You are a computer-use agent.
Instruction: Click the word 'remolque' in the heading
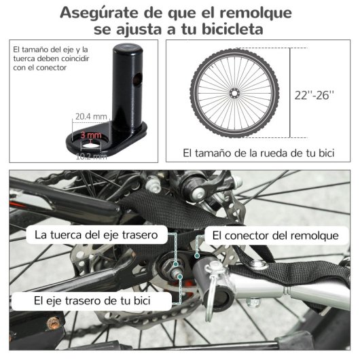(255, 13)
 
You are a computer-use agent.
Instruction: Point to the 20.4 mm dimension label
(91, 117)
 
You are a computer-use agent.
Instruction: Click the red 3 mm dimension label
(91, 135)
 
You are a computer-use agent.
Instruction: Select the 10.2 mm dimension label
(92, 157)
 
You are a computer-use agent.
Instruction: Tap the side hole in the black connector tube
(138, 79)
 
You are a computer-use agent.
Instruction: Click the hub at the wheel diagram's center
(234, 93)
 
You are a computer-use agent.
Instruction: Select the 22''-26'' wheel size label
(314, 95)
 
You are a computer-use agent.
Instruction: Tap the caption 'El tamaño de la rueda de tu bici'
(259, 153)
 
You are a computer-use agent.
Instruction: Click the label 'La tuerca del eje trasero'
(96, 235)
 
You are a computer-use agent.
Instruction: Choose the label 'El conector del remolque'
(275, 236)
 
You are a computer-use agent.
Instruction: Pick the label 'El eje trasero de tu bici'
(92, 300)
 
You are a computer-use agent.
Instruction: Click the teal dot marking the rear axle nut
(176, 264)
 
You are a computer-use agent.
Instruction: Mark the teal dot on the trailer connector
(197, 255)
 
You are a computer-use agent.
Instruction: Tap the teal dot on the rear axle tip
(180, 277)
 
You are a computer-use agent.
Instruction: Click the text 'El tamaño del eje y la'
(50, 50)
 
